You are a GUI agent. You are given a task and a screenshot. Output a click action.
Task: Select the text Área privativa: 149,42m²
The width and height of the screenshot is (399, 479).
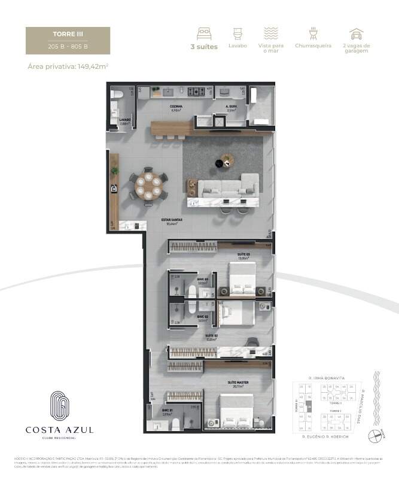pos(67,66)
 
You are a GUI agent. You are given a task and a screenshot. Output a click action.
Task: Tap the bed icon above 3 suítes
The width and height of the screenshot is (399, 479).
pos(204,33)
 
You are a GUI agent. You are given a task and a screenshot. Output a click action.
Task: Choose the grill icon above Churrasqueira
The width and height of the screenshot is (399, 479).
pos(313,33)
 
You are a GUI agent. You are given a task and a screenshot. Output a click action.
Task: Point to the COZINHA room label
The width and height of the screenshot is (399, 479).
pos(176,108)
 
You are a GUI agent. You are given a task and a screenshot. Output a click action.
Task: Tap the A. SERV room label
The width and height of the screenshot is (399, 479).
pos(231,108)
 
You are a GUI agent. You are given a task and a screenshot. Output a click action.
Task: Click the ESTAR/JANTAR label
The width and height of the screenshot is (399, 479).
pos(171,222)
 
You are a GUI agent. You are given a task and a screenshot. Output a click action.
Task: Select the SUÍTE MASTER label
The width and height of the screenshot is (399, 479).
pos(237,383)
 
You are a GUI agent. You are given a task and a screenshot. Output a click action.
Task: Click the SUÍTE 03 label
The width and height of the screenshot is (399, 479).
pos(243,256)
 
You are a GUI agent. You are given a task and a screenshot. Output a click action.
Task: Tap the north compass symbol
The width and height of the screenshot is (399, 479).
pos(375,436)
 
